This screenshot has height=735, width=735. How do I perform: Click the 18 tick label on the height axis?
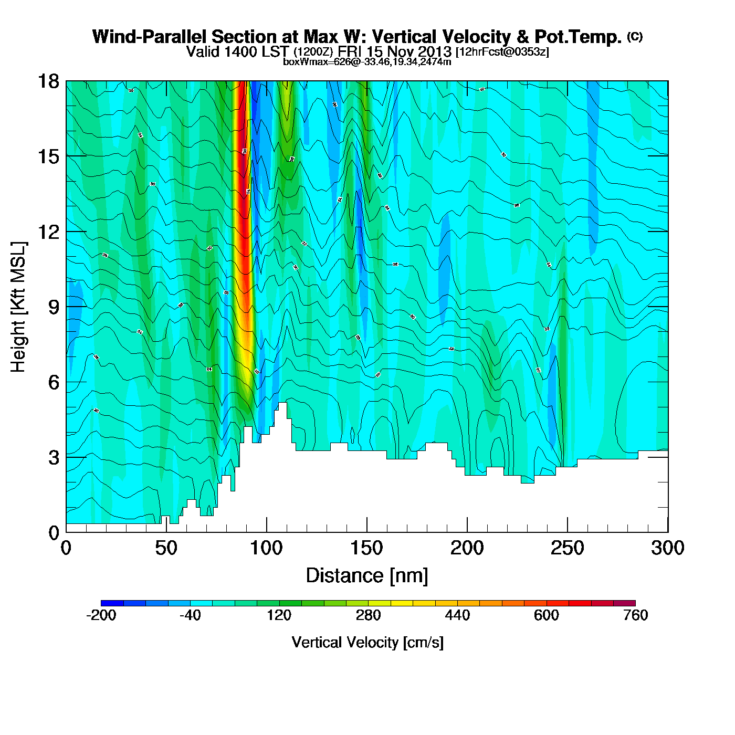(48, 81)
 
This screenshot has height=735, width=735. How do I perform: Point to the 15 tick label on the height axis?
(48, 156)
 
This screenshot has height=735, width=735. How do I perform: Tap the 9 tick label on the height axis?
(54, 307)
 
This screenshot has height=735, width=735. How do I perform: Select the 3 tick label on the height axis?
(54, 457)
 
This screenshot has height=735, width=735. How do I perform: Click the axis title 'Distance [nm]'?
(367, 576)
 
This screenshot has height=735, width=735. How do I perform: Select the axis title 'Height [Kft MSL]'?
(18, 307)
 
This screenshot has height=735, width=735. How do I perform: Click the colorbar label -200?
(101, 615)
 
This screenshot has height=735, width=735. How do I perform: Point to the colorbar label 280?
(368, 615)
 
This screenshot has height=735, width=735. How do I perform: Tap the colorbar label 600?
(547, 615)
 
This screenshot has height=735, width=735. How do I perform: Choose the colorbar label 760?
(635, 615)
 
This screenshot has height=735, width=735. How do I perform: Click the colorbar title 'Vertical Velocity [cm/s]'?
(367, 643)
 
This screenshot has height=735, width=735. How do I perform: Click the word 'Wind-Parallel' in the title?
(150, 37)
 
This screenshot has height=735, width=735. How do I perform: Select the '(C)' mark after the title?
(635, 36)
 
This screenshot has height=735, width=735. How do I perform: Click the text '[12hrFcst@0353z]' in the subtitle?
(502, 52)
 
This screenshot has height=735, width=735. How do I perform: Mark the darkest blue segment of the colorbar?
(112, 603)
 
